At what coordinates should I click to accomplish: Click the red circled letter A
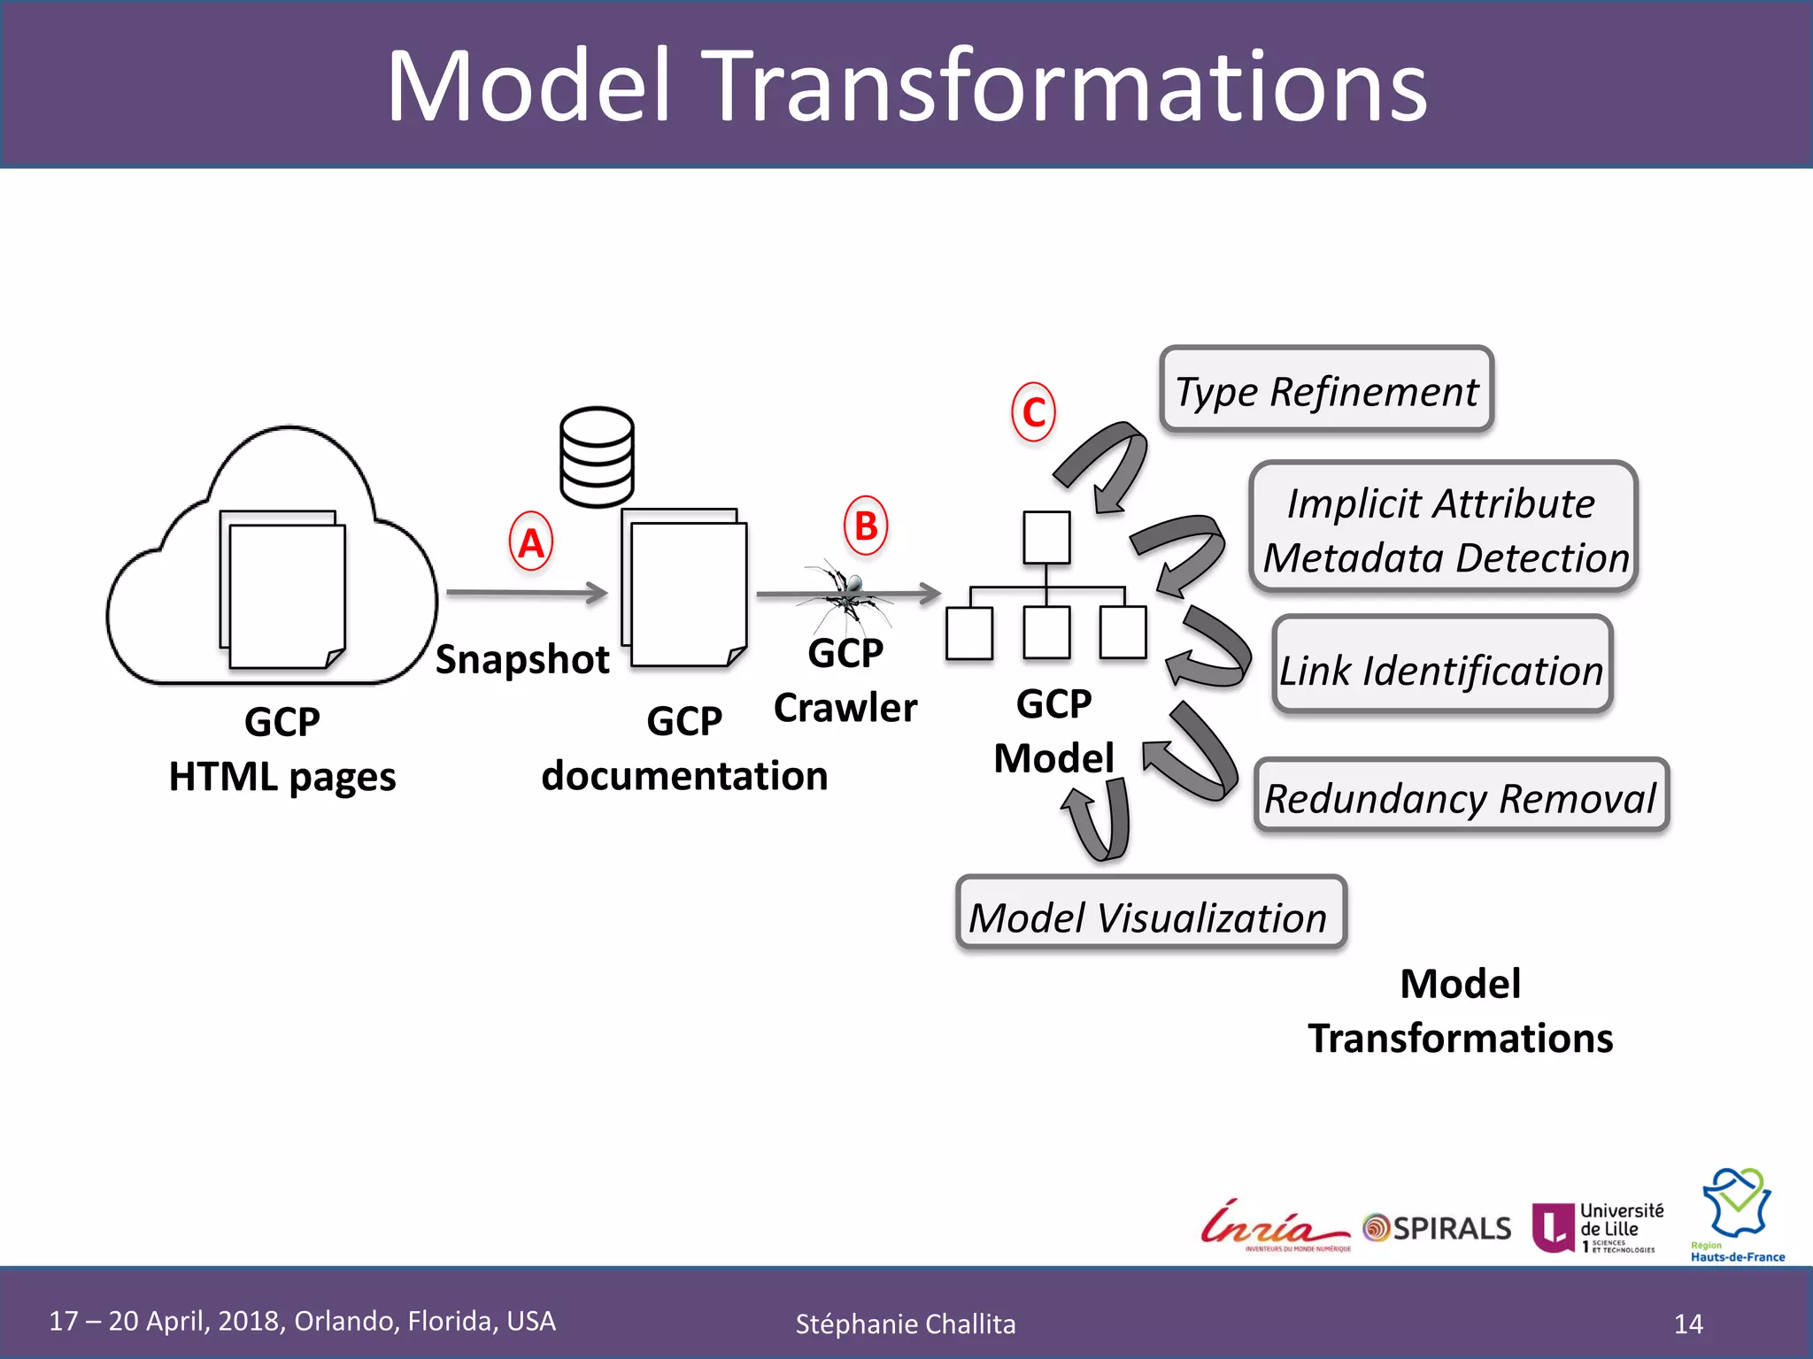click(531, 541)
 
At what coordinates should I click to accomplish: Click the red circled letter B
click(865, 526)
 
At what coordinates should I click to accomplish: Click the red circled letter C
click(1033, 412)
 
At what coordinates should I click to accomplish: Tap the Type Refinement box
click(1326, 390)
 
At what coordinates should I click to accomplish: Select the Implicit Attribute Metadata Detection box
click(1443, 528)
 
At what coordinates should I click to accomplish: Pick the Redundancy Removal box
click(1461, 796)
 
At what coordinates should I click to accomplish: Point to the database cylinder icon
click(597, 457)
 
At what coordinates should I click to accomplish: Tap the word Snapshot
click(522, 659)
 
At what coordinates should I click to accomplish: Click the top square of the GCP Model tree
click(1046, 537)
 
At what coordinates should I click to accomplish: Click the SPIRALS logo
click(1438, 1228)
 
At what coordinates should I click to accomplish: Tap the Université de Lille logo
click(1598, 1227)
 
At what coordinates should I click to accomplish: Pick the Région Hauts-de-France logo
click(1738, 1214)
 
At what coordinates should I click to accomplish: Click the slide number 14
click(1688, 1324)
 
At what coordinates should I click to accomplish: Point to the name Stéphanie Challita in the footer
click(906, 1324)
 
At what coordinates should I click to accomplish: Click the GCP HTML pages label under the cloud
click(282, 749)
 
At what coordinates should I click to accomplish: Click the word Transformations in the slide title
click(1067, 86)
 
